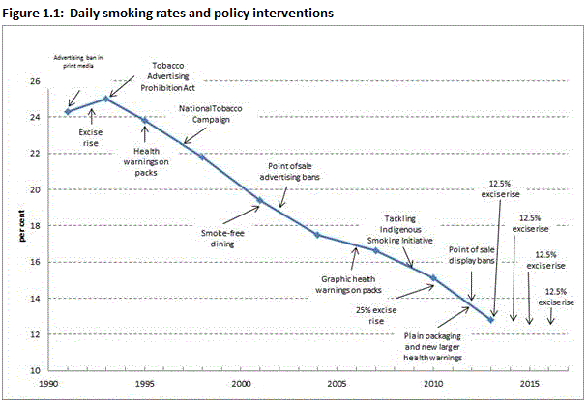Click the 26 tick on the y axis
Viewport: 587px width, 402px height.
pyautogui.click(x=49, y=81)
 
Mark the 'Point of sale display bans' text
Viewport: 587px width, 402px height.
pyautogui.click(x=474, y=255)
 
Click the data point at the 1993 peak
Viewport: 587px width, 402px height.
pyautogui.click(x=105, y=99)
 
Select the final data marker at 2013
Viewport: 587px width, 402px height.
pyautogui.click(x=491, y=319)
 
